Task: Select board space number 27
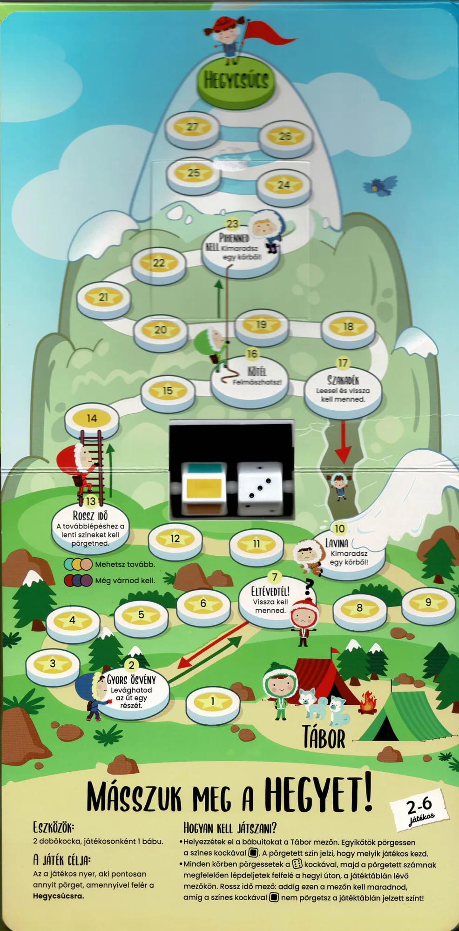[193, 129]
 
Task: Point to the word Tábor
[324, 737]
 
